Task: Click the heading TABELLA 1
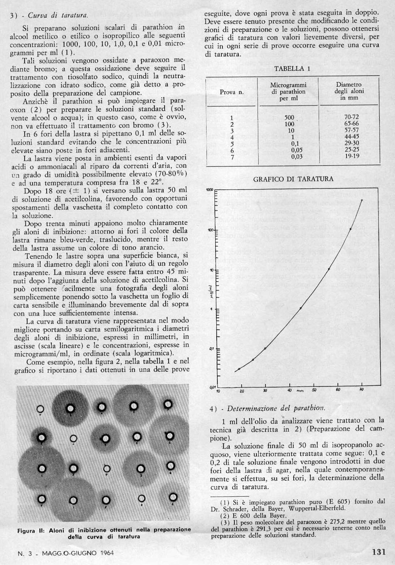pyautogui.click(x=292, y=69)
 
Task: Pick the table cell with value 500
pyautogui.click(x=289, y=117)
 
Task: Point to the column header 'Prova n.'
pyautogui.click(x=232, y=92)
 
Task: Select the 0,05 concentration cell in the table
pyautogui.click(x=296, y=150)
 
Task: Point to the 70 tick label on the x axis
pyautogui.click(x=361, y=390)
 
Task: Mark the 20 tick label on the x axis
pyautogui.click(x=242, y=391)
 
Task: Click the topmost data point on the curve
pyautogui.click(x=362, y=200)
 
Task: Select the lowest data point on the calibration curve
pyautogui.click(x=239, y=369)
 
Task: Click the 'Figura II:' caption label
pyautogui.click(x=30, y=530)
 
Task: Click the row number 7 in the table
pyautogui.click(x=232, y=157)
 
